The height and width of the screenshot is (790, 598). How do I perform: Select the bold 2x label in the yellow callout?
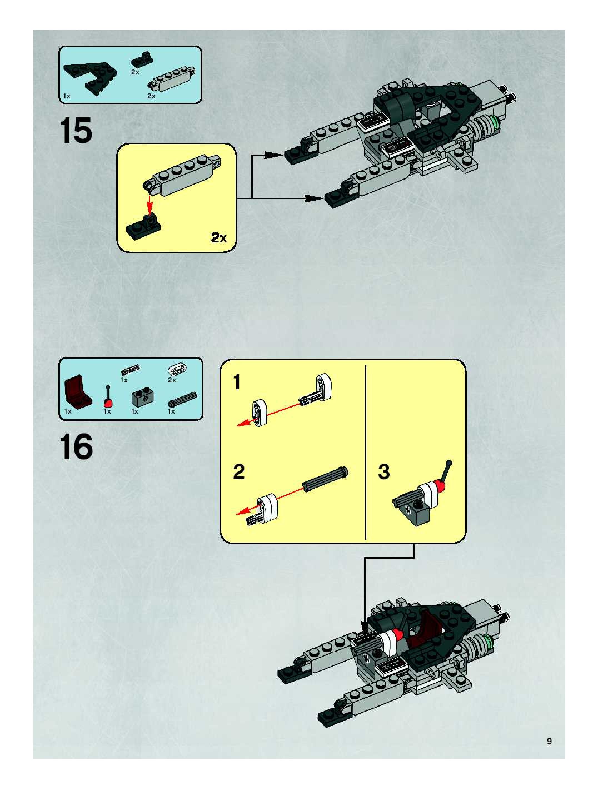[219, 237]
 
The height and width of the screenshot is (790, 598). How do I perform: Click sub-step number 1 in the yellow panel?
[237, 382]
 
